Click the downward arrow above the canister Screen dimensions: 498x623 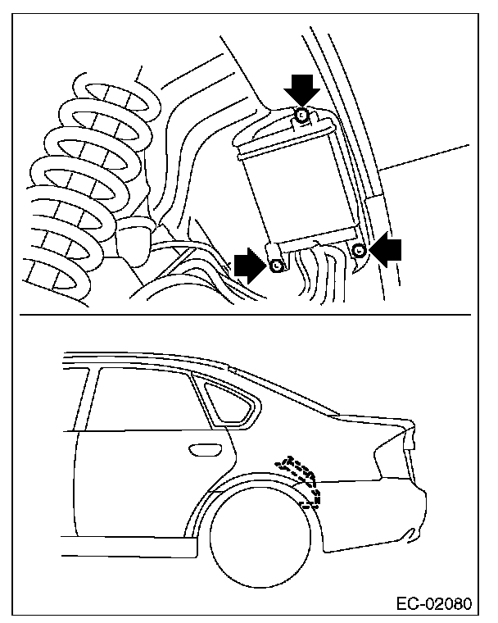[x=302, y=85]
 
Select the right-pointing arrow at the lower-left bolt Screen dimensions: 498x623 [x=247, y=264]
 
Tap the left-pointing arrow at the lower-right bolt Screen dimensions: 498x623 [x=387, y=248]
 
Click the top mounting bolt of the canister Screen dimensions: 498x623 [x=301, y=116]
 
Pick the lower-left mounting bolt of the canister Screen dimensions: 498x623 [x=276, y=264]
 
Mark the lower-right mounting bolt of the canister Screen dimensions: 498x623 [x=359, y=249]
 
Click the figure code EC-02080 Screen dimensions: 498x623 [x=434, y=605]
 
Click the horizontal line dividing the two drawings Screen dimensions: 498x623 [x=246, y=315]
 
